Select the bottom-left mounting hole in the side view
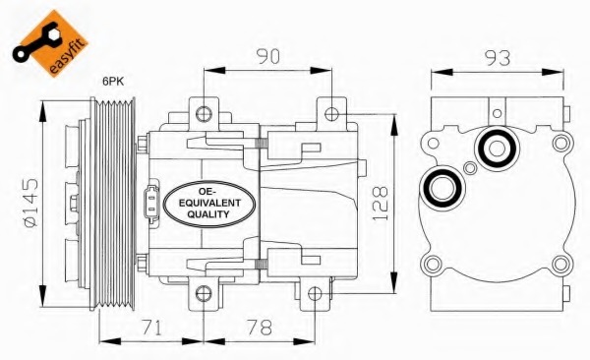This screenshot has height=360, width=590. (204, 292)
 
